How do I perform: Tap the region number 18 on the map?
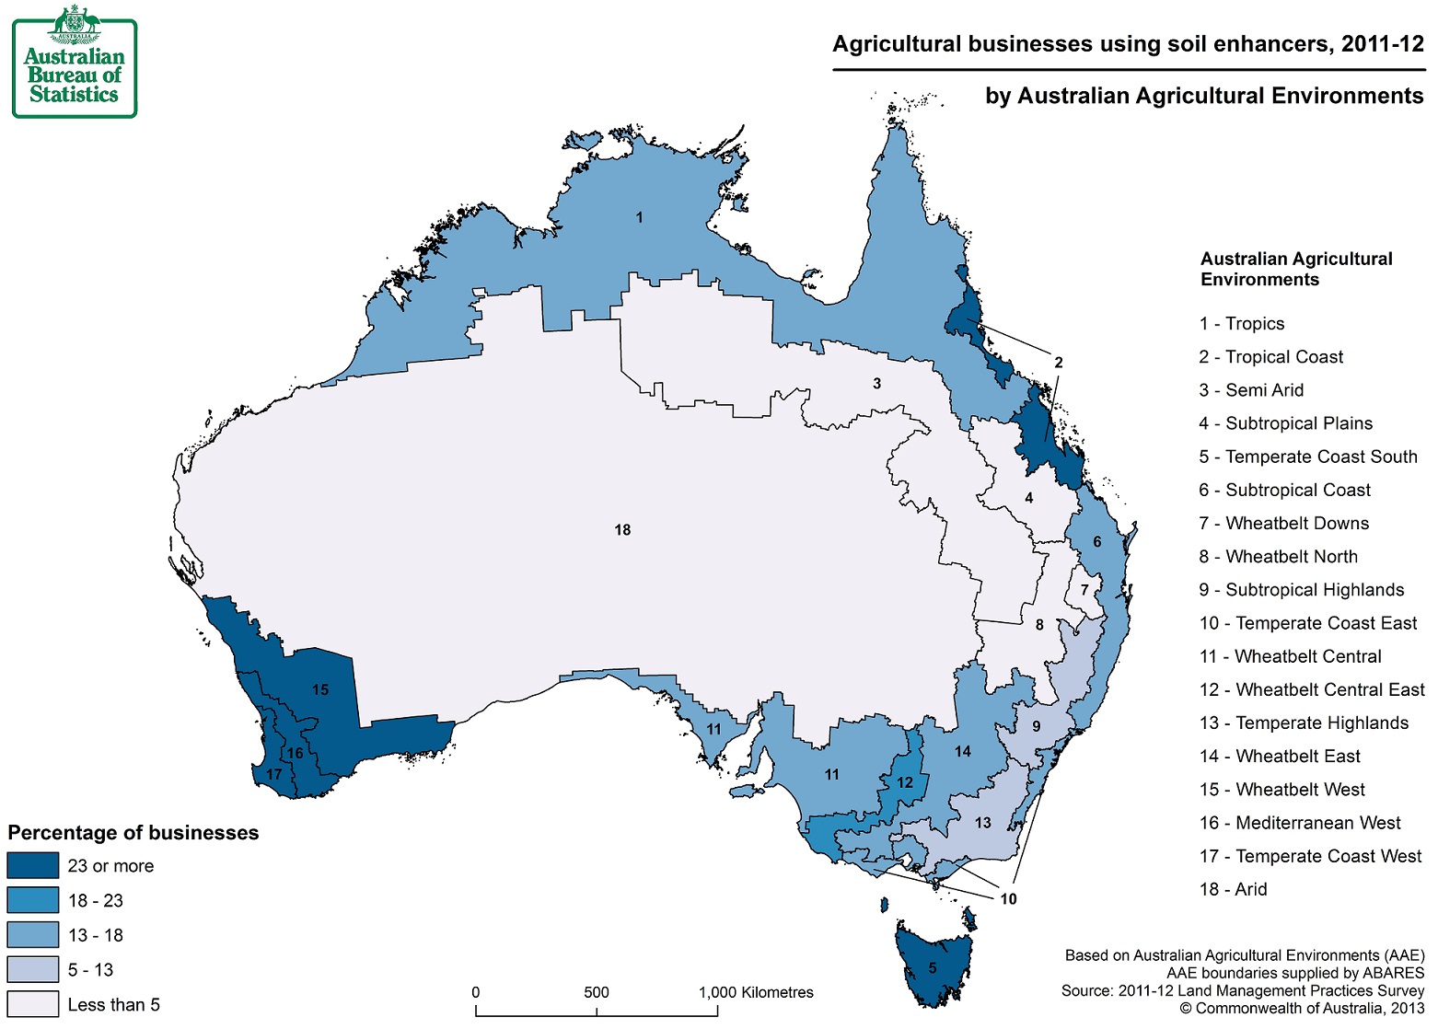coord(622,530)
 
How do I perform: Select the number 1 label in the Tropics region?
coord(639,218)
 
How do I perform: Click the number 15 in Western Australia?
coord(319,689)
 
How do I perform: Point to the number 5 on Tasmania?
coord(932,967)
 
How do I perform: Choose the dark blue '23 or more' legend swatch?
coord(32,866)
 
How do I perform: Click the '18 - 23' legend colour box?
coord(32,900)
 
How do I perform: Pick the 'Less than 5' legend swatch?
coord(32,1004)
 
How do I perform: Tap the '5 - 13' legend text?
coord(90,970)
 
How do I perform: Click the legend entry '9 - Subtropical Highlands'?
coord(1301,590)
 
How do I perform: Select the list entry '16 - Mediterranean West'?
coord(1299,823)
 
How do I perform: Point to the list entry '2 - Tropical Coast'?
coord(1270,357)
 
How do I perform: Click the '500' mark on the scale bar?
coord(596,993)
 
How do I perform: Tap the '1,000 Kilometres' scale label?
coord(755,993)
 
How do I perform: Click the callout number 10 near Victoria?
coord(1008,899)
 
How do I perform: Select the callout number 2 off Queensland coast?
coord(1058,363)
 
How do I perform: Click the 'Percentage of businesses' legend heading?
coord(133,833)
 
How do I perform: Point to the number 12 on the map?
coord(905,782)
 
